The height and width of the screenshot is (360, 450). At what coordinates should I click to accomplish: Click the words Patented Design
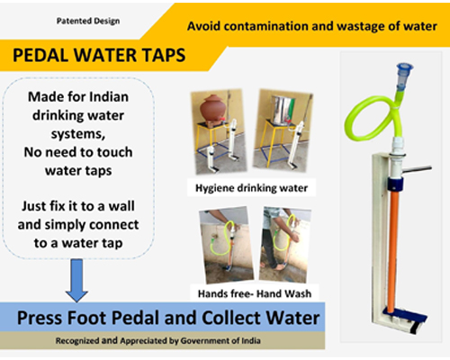(x=88, y=22)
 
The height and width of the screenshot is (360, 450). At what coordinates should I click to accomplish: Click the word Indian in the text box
(x=109, y=97)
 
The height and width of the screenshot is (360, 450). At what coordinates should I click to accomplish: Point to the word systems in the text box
(x=78, y=134)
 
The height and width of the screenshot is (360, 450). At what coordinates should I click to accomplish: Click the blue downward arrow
(x=76, y=280)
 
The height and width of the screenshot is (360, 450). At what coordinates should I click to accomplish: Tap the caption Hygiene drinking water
(x=251, y=188)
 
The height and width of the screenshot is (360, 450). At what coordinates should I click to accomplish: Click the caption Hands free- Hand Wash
(x=255, y=293)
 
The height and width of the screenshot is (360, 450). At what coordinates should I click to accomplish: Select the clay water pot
(x=211, y=109)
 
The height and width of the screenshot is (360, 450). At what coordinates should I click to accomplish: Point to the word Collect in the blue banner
(x=230, y=318)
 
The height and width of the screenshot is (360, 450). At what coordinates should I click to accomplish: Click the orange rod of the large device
(x=392, y=252)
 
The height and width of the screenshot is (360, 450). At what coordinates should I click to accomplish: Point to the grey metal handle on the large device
(x=417, y=169)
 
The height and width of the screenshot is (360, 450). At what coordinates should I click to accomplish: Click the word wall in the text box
(x=121, y=206)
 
